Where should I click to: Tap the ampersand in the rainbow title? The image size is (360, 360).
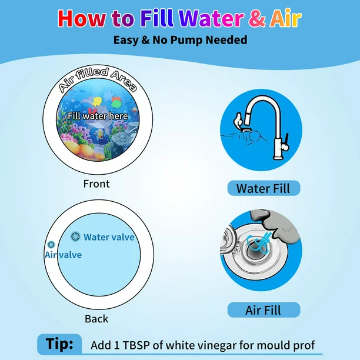(256, 19)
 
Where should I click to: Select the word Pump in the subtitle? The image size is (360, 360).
(186, 41)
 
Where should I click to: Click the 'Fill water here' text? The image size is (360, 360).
(98, 116)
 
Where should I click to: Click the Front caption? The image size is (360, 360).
(96, 184)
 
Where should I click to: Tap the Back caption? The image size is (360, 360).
(96, 319)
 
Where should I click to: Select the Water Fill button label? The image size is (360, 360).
(264, 188)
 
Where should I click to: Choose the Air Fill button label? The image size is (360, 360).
(264, 310)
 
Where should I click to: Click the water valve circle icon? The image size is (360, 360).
(75, 236)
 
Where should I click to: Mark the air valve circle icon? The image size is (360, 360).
(51, 245)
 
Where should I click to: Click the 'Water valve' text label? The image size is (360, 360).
(109, 237)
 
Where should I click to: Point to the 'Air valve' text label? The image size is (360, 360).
(64, 255)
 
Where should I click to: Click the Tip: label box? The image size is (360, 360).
(59, 344)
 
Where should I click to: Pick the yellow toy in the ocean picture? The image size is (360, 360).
(97, 102)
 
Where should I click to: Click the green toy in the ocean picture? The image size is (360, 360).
(116, 102)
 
